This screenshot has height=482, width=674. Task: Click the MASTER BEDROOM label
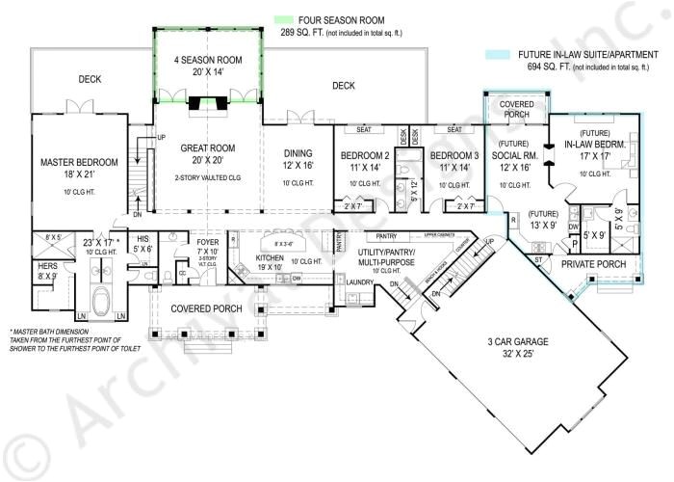[79, 161]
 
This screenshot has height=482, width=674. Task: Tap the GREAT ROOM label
[208, 148]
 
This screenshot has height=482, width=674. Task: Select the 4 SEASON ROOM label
[208, 60]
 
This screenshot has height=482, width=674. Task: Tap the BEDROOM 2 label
[364, 156]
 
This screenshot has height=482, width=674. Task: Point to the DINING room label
[301, 151]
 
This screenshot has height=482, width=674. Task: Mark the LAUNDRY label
[346, 281]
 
